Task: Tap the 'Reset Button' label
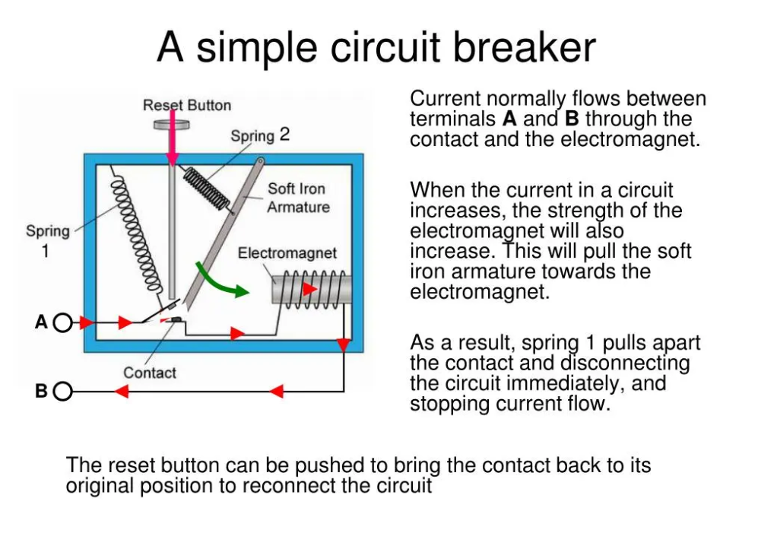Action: pos(187,105)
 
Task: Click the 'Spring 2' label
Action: pos(260,135)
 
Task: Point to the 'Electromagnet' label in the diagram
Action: pos(287,252)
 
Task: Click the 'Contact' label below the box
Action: pos(150,373)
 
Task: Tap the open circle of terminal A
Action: pos(63,323)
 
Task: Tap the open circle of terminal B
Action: pos(63,392)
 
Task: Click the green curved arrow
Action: pos(220,281)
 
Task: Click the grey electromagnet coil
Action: pos(312,290)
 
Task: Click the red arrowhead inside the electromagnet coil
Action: pos(310,290)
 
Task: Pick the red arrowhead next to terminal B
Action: pos(122,392)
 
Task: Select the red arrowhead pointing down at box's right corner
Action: pos(344,346)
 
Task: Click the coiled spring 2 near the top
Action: pos(206,187)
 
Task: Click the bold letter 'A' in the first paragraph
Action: pos(510,119)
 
